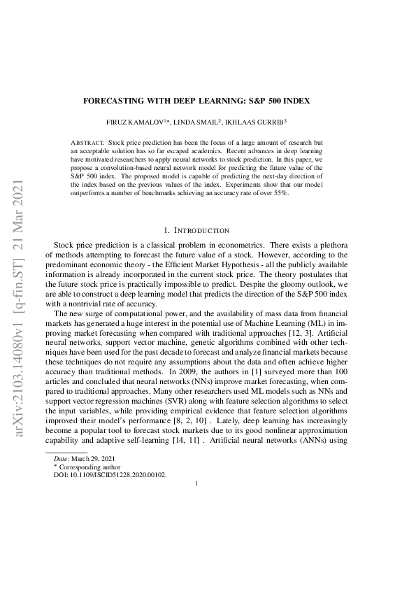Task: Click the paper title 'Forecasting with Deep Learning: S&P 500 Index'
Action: (x=207, y=101)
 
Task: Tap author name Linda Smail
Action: (x=215, y=121)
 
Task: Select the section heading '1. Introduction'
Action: (x=196, y=229)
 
